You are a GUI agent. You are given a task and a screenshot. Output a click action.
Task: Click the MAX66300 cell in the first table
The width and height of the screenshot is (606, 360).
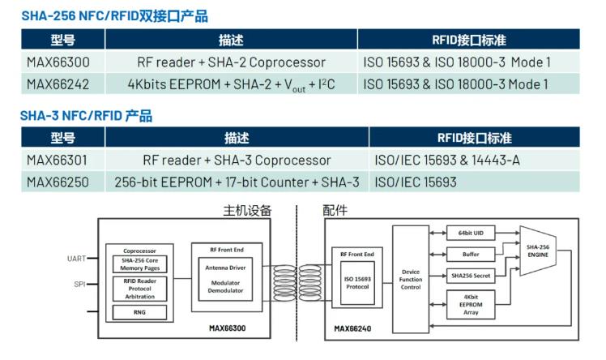point(58,62)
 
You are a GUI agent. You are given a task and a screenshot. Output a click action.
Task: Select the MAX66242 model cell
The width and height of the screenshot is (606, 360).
point(58,84)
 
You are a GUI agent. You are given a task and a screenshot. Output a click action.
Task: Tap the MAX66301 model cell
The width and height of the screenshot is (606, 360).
point(58,160)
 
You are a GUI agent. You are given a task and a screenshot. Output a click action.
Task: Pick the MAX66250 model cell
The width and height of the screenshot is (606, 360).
point(58,182)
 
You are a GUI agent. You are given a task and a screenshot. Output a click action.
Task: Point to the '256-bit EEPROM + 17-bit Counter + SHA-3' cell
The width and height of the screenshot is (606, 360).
point(237,182)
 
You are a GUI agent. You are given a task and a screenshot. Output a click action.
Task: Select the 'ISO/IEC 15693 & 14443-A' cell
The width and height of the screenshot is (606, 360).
point(448,160)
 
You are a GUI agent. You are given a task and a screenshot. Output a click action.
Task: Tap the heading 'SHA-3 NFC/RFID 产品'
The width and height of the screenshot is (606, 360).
point(86,116)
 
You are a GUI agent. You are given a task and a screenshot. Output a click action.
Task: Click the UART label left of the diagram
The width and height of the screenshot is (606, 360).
point(76,259)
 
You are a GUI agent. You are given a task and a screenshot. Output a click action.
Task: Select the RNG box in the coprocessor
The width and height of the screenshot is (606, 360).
point(139,311)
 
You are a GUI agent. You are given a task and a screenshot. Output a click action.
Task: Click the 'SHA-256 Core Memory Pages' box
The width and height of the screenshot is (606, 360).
point(139,264)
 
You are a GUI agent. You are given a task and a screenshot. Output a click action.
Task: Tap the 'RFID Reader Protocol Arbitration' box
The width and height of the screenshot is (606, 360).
point(139,289)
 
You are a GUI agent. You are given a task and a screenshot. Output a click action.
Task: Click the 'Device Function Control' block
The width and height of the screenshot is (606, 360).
point(411,280)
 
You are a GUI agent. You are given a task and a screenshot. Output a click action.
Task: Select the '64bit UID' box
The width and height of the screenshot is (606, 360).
point(470,234)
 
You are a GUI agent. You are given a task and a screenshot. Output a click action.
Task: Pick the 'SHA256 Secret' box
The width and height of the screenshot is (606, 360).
point(470,276)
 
